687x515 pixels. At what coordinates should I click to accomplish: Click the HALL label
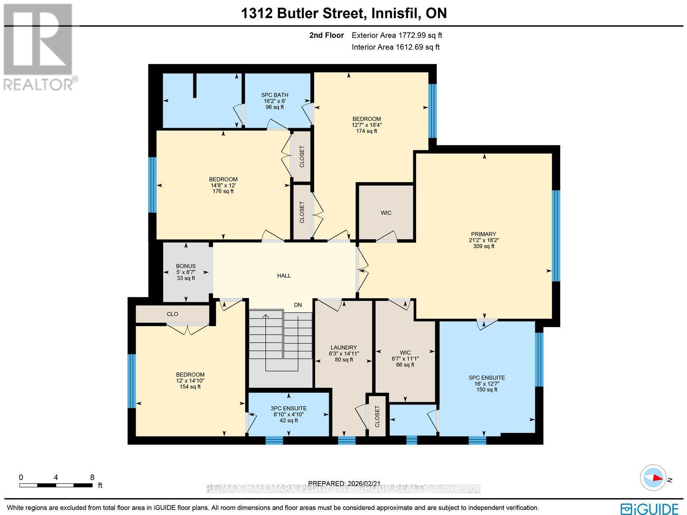pos(284,276)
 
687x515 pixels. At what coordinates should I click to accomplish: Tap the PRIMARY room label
pos(483,234)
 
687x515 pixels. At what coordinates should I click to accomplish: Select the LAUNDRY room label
pos(343,347)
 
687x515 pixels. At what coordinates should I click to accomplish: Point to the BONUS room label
pos(185,266)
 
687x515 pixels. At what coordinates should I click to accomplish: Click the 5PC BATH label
pos(275,95)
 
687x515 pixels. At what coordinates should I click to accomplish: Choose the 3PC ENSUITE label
pos(289,408)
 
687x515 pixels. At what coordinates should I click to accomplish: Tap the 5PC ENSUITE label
pos(486,378)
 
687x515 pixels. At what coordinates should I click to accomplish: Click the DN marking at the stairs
pos(298,305)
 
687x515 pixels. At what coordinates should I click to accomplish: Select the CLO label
pos(173,314)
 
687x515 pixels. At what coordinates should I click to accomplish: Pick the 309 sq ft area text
pos(484,246)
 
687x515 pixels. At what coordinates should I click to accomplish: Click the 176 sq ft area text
pos(223,191)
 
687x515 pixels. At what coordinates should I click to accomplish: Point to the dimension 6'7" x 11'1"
pos(405,359)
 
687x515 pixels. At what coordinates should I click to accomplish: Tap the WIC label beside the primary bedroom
pos(386,213)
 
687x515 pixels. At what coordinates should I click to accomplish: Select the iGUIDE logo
pos(650,508)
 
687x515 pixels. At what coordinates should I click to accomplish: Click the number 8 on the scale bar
pos(92,478)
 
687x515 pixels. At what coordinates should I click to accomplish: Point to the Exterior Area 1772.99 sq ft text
pos(397,35)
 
